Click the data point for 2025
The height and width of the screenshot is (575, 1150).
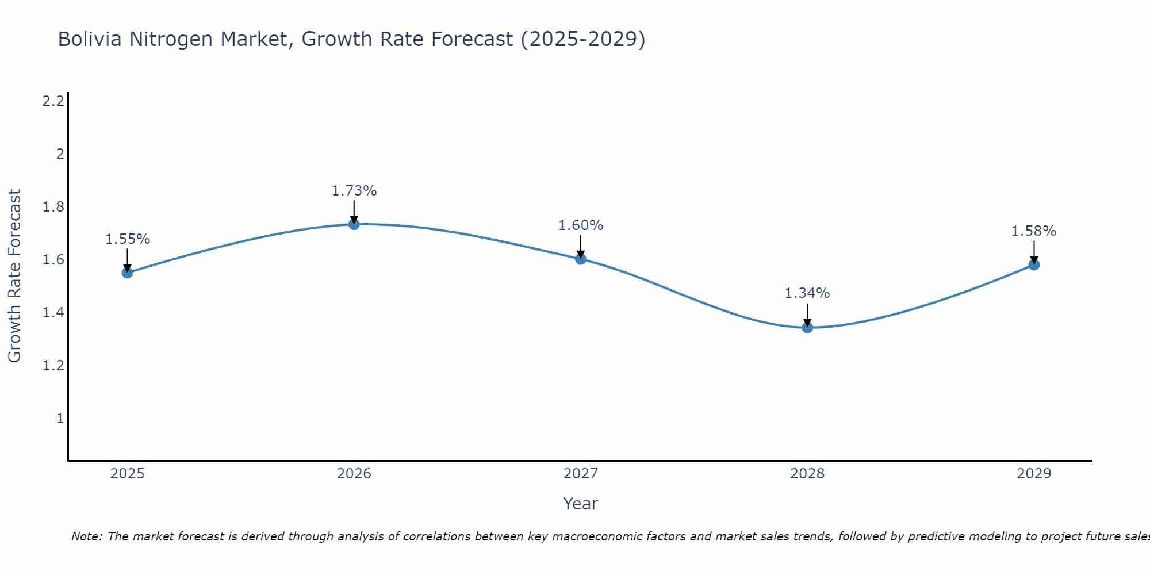point(128,273)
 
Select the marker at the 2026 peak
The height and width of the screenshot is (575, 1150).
point(354,224)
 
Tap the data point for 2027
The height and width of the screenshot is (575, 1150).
point(581,259)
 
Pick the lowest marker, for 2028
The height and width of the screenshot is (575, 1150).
point(807,328)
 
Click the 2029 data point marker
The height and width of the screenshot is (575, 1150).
point(1034,264)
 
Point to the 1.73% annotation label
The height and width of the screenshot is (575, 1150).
point(354,191)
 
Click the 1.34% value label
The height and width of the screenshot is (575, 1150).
point(807,293)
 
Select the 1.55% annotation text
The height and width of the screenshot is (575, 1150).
point(128,239)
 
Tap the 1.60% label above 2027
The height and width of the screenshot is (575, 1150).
point(581,225)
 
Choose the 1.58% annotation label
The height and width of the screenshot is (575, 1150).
point(1034,231)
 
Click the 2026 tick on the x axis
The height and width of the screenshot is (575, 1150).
point(354,474)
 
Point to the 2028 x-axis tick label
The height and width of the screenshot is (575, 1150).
point(807,474)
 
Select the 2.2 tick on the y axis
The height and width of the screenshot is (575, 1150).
point(53,101)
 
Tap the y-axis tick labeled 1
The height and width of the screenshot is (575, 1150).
point(60,419)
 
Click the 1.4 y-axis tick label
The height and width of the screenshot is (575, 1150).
point(53,313)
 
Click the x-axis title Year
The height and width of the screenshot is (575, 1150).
point(581,504)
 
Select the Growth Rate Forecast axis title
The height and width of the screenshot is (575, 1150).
point(15,276)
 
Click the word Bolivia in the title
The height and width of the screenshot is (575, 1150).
point(90,40)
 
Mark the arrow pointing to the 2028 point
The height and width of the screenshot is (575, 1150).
point(807,315)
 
